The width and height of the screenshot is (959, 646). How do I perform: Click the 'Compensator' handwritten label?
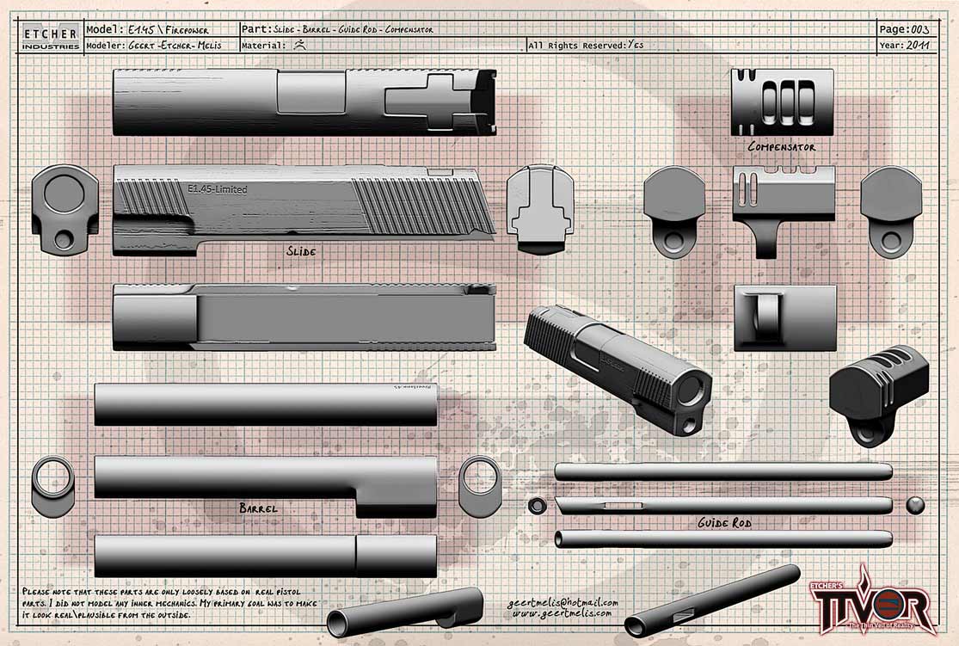781,147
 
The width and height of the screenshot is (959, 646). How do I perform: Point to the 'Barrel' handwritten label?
259,508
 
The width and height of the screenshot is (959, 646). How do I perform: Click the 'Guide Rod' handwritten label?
725,523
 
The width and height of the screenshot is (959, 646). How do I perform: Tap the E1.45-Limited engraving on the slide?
217,189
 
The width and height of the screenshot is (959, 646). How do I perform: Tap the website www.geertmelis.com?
562,614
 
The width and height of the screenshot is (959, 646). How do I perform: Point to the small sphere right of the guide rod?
915,505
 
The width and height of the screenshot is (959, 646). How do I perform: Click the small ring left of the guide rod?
538,505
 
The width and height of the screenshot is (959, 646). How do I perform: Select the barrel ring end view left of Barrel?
53,486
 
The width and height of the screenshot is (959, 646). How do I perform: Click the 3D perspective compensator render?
879,391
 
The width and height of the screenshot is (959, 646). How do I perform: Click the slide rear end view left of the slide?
65,209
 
